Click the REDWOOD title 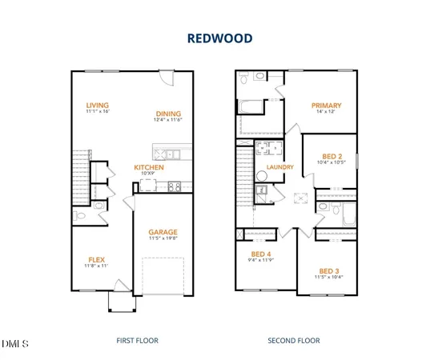pos(215,38)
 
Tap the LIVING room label pos(98,105)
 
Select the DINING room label pos(169,113)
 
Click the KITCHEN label pos(149,167)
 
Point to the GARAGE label pos(163,232)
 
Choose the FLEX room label pos(97,259)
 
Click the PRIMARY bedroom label pos(328,105)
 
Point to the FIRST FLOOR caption pos(137,341)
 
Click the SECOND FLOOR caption pos(293,341)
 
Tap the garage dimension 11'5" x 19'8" pos(163,238)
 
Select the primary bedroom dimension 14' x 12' pos(328,112)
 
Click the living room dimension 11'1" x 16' pos(98,112)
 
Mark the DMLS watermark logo pos(15,344)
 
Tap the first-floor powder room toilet pos(78,214)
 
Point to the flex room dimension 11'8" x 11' pos(97,266)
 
